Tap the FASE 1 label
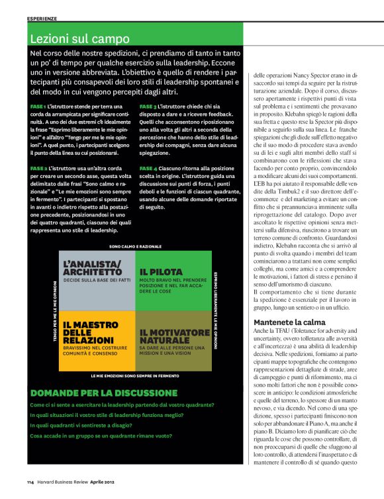pos(38,106)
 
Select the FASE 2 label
pos(38,168)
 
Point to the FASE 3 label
pos(148,106)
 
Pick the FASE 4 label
pos(148,168)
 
